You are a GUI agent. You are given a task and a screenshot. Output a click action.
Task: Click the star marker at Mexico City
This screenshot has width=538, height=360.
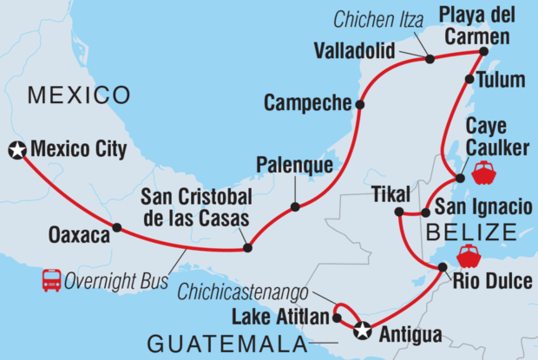pyautogui.click(x=16, y=151)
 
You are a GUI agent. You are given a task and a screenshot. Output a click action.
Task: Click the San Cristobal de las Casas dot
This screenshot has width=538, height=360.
pyautogui.click(x=247, y=248)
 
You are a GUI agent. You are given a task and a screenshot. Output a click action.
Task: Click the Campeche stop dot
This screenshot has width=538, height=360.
pyautogui.click(x=359, y=105)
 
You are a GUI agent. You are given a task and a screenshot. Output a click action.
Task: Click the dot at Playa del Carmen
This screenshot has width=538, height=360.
pyautogui.click(x=484, y=51)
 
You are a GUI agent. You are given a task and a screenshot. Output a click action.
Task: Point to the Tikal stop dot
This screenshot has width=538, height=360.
pyautogui.click(x=397, y=212)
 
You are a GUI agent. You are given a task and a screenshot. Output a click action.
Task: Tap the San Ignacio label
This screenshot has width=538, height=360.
pyautogui.click(x=482, y=206)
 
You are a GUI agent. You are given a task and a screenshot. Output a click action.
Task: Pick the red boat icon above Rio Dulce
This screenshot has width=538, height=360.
pyautogui.click(x=469, y=254)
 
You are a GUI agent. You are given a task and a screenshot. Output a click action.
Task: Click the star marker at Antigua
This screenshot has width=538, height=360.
pyautogui.click(x=363, y=329)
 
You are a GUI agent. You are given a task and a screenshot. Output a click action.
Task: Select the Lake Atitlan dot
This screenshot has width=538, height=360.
pyautogui.click(x=336, y=318)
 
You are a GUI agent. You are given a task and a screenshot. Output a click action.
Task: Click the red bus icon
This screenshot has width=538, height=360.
pyautogui.click(x=51, y=280)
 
